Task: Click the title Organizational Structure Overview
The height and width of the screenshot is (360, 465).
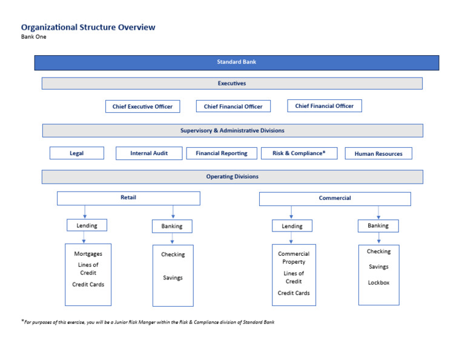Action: click(88, 27)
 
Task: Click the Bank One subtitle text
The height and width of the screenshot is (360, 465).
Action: click(34, 37)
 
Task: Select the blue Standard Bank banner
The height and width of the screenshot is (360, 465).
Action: click(237, 62)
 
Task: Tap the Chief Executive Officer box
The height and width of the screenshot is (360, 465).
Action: click(142, 107)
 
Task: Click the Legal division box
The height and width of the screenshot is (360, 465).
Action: click(76, 153)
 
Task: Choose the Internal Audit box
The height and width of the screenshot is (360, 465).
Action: click(149, 153)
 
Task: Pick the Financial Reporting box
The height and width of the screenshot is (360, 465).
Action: click(222, 153)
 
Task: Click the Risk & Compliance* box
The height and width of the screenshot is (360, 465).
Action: click(299, 153)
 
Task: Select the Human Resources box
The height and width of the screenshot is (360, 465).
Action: click(378, 154)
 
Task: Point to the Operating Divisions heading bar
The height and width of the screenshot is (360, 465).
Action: click(232, 177)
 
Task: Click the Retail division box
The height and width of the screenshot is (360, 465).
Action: click(128, 198)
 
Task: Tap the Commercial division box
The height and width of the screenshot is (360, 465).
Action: click(335, 199)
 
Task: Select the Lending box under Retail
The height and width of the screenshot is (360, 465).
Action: click(87, 225)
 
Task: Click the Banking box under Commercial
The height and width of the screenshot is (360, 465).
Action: click(378, 225)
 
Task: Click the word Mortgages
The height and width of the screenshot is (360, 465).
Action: click(88, 254)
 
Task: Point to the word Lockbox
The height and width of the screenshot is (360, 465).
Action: click(378, 282)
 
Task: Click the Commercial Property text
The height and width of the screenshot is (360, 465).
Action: click(294, 258)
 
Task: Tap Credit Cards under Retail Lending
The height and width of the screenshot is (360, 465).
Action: click(88, 284)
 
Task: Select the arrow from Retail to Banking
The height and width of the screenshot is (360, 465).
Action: click(173, 212)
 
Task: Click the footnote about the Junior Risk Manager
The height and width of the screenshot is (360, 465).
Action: click(148, 322)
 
